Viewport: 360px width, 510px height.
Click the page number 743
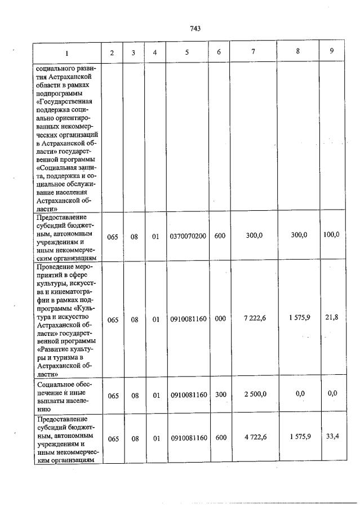195,29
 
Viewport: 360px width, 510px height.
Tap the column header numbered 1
67,53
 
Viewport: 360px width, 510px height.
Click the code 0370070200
188,237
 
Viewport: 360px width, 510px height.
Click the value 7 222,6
255,318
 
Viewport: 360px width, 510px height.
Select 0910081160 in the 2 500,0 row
188,394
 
